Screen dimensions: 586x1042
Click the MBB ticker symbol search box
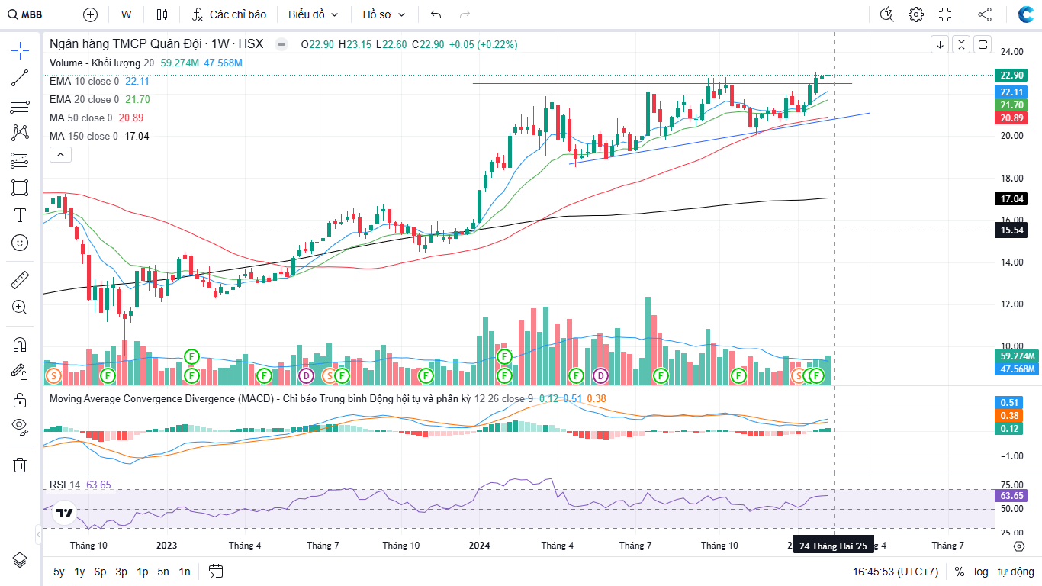point(27,14)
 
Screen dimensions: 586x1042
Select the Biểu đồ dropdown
point(313,14)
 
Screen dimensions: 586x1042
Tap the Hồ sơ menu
point(384,14)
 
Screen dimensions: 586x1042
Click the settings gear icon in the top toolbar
point(916,14)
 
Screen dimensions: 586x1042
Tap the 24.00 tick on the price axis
point(1011,52)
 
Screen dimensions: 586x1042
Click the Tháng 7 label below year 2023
point(323,546)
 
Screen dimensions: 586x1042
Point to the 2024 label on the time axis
point(479,546)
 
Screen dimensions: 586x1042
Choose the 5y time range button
point(59,572)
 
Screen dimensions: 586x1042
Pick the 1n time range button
point(185,572)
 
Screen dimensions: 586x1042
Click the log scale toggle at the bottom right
point(981,572)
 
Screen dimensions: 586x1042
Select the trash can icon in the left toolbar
point(20,465)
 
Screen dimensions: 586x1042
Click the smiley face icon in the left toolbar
point(20,243)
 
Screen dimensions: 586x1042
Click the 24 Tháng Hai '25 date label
point(833,546)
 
